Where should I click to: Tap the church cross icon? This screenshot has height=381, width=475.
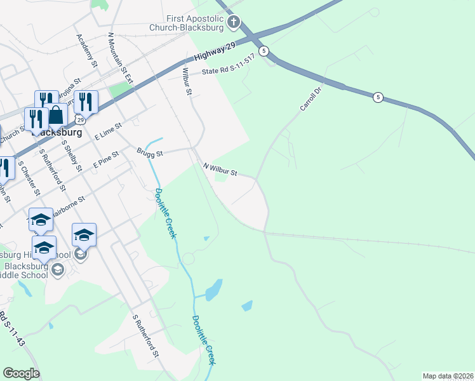pos(234,23)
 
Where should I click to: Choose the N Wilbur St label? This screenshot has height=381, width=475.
pos(220,170)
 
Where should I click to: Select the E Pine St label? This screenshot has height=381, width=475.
pos(106,159)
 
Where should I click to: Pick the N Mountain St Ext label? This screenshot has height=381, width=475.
pos(119,60)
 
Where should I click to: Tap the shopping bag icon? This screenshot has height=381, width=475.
pos(57,115)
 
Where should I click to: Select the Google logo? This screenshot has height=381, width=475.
pos(22,373)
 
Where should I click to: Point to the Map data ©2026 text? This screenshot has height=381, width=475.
pos(448,376)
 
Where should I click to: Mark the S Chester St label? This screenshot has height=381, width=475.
pos(29,178)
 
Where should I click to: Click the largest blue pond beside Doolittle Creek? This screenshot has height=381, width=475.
pos(214,290)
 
